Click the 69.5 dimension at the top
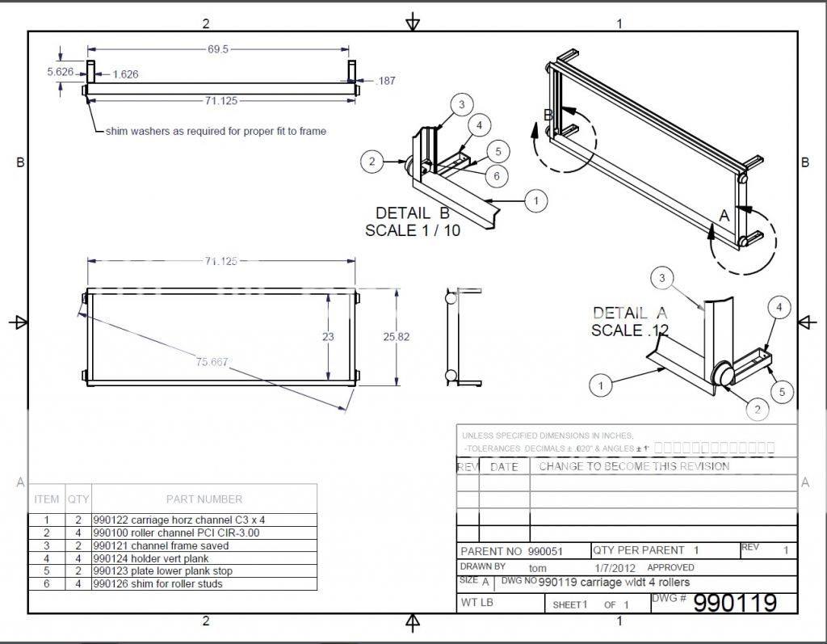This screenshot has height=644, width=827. [218, 49]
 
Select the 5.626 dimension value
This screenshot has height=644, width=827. [61, 72]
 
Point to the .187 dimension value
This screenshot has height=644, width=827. [386, 80]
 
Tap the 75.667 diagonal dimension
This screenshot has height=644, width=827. [212, 362]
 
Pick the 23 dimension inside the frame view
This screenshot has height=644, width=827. [328, 336]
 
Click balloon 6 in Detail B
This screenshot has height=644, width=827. [497, 175]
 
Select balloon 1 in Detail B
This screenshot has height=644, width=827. [535, 200]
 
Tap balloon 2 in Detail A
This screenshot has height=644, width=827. [757, 410]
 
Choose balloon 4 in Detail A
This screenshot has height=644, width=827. [779, 307]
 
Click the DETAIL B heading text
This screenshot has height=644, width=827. [412, 213]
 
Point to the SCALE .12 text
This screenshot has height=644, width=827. [630, 330]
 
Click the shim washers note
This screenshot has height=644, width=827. [216, 131]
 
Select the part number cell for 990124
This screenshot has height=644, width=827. [151, 558]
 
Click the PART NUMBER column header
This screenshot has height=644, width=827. [204, 499]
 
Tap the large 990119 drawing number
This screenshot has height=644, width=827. [735, 603]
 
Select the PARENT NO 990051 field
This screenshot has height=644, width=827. [511, 551]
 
